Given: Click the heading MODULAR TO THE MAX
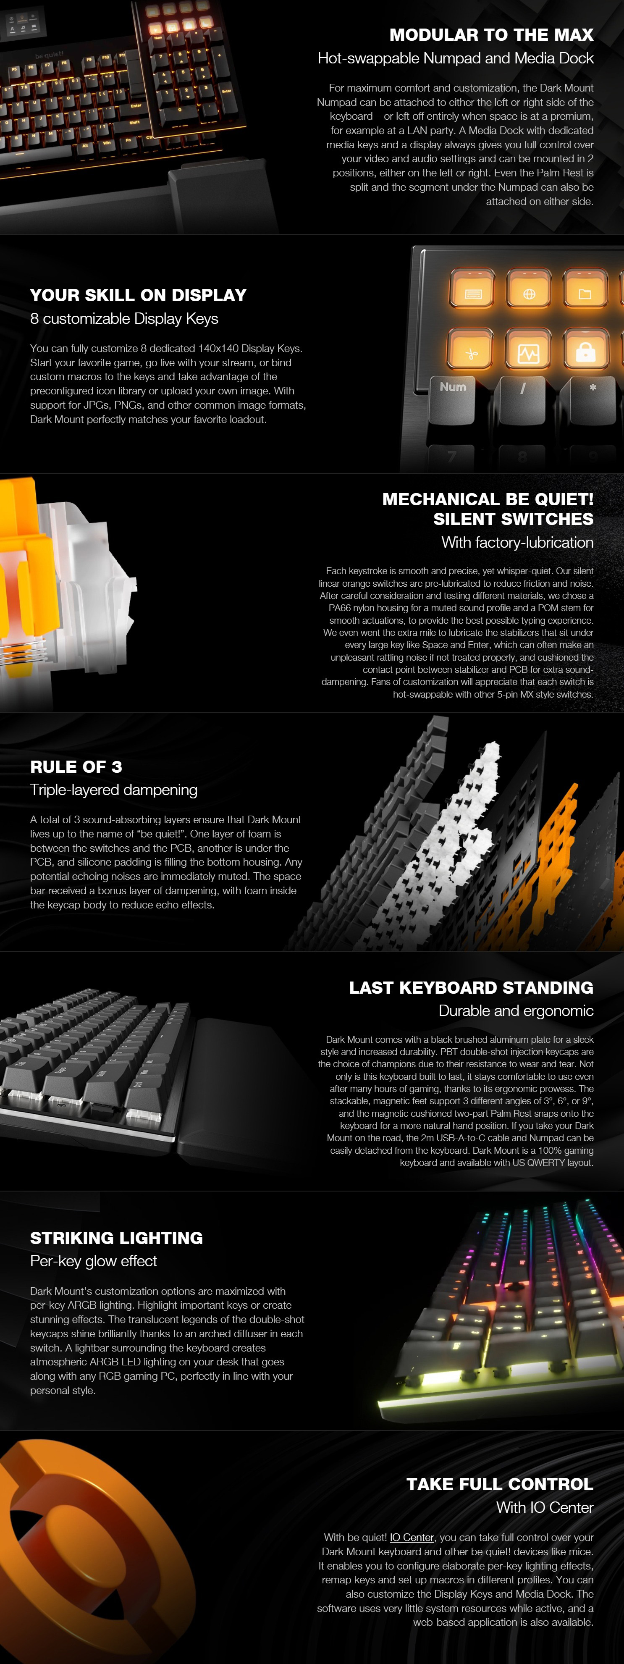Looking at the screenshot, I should (491, 35).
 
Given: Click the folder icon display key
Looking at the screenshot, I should (585, 294).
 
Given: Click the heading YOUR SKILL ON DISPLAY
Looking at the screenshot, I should (138, 295).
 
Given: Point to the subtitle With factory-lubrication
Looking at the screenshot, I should (517, 543).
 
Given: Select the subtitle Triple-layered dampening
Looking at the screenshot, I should (114, 790).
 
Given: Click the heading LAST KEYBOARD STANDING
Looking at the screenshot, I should (471, 988).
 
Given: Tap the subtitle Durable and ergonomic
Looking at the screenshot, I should (516, 1011).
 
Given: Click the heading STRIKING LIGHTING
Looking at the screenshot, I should (116, 1238).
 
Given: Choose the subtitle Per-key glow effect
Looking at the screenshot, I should (94, 1261).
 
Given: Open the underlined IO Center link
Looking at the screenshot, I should (412, 1538).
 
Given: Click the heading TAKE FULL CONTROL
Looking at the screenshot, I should (499, 1484).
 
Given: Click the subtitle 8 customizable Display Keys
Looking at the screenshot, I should (124, 318).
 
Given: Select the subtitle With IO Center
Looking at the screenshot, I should (545, 1508).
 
